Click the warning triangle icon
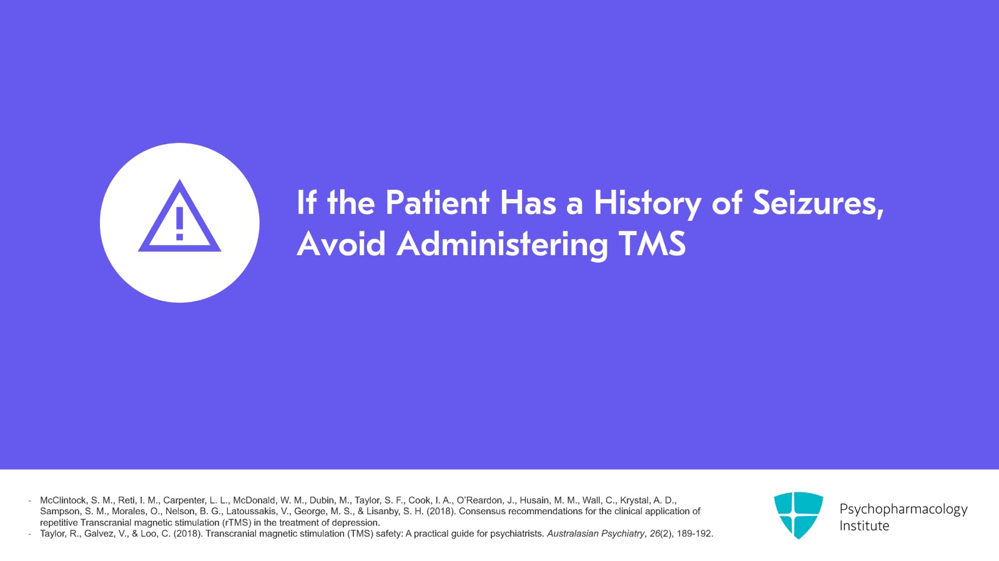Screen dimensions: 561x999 click(179, 218)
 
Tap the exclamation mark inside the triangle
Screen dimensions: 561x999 click(180, 223)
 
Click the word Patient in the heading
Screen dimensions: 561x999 click(437, 203)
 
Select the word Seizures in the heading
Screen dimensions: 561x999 click(818, 203)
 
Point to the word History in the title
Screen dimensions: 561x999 click(647, 203)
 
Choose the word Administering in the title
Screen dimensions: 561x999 click(502, 244)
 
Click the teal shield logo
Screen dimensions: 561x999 click(798, 515)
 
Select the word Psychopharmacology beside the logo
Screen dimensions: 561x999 click(903, 509)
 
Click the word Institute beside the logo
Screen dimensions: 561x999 click(864, 526)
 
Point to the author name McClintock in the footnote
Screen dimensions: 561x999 click(63, 500)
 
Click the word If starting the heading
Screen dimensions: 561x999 click(306, 203)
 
